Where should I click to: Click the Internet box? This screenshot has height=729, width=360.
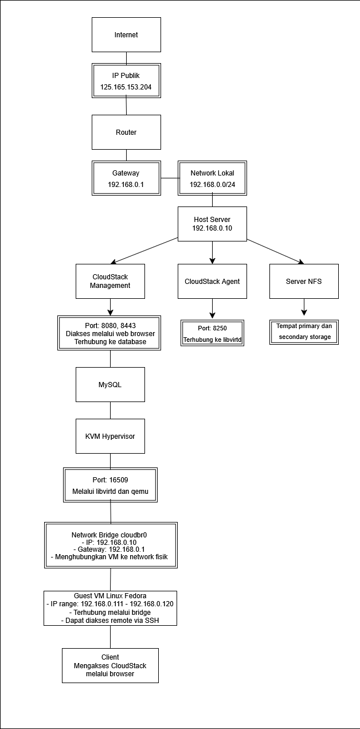pyautogui.click(x=126, y=35)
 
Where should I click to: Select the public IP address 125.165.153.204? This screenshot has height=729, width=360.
pyautogui.click(x=126, y=87)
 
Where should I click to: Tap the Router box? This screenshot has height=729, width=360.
pyautogui.click(x=126, y=132)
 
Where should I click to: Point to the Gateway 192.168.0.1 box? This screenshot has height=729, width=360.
pyautogui.click(x=126, y=178)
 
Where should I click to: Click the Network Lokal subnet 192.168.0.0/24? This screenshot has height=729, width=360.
pyautogui.click(x=212, y=185)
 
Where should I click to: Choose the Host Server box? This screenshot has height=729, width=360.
pyautogui.click(x=212, y=224)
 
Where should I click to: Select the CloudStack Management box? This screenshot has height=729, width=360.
pyautogui.click(x=110, y=281)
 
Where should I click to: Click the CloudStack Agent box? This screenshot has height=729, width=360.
pyautogui.click(x=212, y=281)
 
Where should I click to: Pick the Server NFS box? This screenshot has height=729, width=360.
pyautogui.click(x=304, y=281)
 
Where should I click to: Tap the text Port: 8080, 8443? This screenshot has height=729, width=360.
pyautogui.click(x=110, y=325)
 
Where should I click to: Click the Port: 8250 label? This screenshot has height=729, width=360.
pyautogui.click(x=212, y=328)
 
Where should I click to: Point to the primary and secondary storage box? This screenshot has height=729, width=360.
pyautogui.click(x=304, y=332)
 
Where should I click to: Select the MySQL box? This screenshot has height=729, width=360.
pyautogui.click(x=110, y=385)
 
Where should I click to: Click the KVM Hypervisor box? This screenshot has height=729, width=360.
pyautogui.click(x=110, y=436)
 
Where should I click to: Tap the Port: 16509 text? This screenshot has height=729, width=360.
pyautogui.click(x=110, y=479)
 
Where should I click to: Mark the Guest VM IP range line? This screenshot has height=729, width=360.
pyautogui.click(x=110, y=604)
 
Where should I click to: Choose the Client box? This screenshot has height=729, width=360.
pyautogui.click(x=110, y=665)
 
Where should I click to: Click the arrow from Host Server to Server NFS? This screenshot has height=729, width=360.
pyautogui.click(x=276, y=251)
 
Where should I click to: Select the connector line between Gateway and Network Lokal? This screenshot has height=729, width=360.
pyautogui.click(x=170, y=178)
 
